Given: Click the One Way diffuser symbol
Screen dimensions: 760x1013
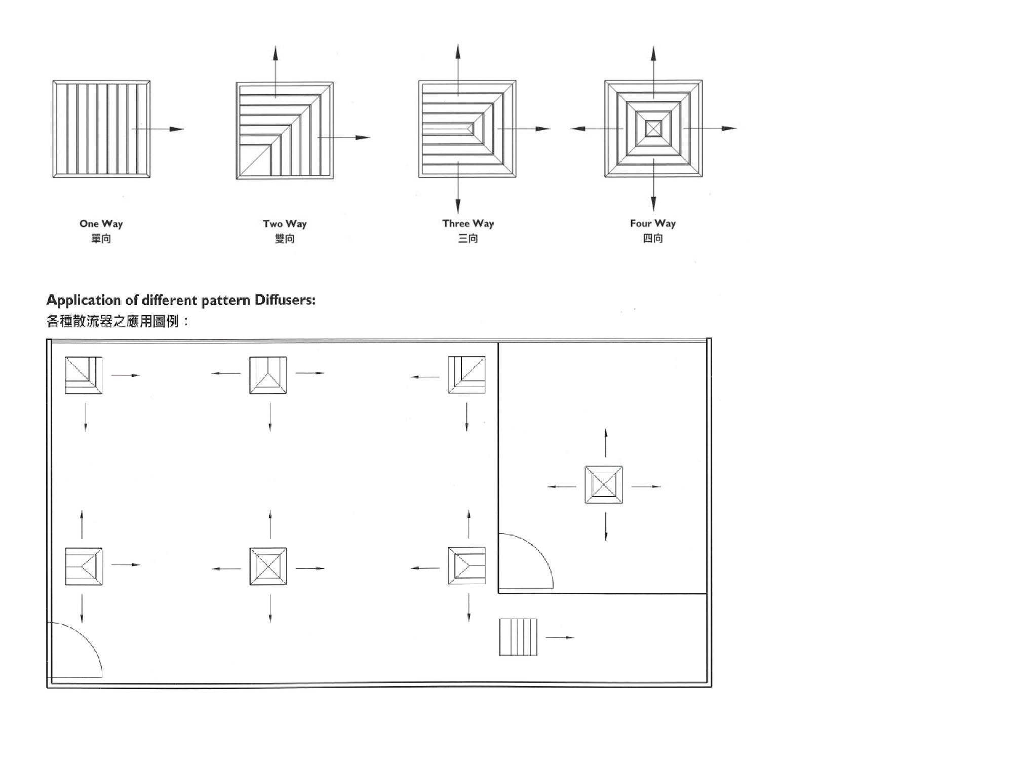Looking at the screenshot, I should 101,129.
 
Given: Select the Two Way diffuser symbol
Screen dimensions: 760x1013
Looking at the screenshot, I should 285,130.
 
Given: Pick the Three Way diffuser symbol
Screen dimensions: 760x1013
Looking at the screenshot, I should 467,129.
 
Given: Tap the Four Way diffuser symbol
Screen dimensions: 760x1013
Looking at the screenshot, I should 653,129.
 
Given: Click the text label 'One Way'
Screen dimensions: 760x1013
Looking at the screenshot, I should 101,223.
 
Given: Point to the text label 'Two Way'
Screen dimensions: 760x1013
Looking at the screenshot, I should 285,223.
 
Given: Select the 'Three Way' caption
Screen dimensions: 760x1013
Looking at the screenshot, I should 467,223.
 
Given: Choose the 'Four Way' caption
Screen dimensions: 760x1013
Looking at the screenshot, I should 652,223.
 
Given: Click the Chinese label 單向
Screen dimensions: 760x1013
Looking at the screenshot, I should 101,238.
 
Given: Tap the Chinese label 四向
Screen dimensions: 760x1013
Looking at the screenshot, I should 652,238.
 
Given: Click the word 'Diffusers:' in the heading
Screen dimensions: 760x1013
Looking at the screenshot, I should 285,300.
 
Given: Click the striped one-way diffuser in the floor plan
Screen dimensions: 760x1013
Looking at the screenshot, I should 518,637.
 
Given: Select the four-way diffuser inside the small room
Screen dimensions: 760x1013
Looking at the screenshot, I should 604,485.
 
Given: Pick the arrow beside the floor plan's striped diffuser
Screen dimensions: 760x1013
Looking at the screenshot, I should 560,637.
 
